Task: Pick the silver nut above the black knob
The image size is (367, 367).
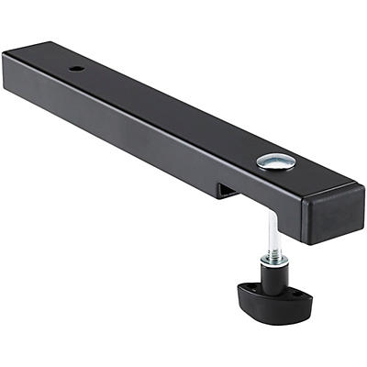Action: click(x=274, y=260)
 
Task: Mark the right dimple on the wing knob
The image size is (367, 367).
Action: click(x=297, y=299)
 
